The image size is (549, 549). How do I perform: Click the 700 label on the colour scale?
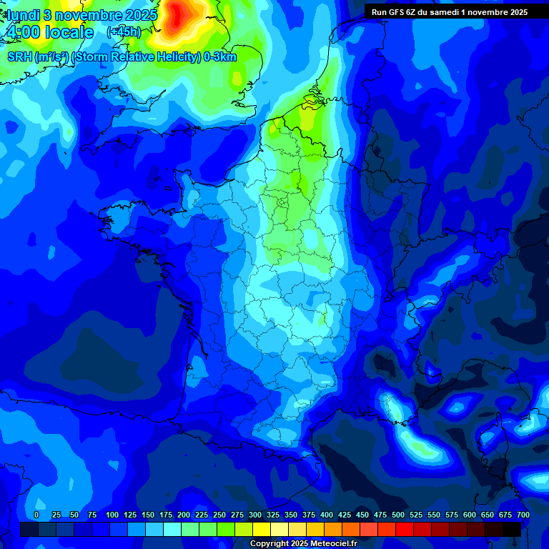(x=523, y=515)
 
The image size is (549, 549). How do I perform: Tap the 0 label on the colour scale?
(x=36, y=515)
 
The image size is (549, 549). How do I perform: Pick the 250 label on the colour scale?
(x=219, y=515)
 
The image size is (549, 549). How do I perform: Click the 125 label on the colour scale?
(x=130, y=515)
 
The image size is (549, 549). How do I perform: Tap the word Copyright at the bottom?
(x=270, y=543)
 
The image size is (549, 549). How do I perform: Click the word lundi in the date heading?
(x=24, y=15)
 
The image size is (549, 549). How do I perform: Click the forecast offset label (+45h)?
(x=123, y=32)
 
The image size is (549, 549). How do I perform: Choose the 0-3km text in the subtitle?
(x=220, y=57)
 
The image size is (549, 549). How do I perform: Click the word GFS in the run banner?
(x=395, y=12)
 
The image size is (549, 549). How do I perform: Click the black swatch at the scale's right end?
(x=512, y=529)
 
